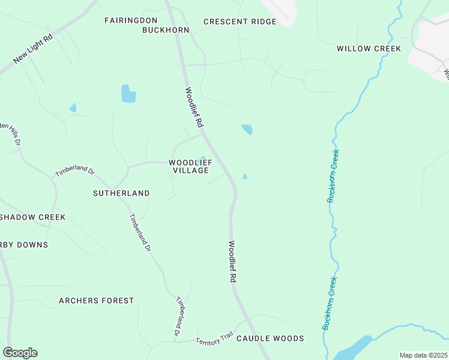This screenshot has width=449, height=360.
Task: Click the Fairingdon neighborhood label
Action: pos(130,20)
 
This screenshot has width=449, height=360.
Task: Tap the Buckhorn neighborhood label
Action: pos(165,30)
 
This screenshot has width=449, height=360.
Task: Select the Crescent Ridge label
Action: pos(240,22)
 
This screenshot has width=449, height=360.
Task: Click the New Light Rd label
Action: pos(33,49)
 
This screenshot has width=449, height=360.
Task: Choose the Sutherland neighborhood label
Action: pos(121,193)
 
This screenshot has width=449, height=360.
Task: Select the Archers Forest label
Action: pos(96,300)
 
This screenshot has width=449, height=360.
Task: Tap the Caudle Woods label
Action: pos(270,338)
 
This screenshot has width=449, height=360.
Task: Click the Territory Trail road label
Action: pos(214,339)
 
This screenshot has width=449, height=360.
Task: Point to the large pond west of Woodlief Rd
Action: pos(128,94)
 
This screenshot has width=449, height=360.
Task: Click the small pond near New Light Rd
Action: pos(73,108)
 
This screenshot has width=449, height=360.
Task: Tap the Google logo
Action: pos(20,353)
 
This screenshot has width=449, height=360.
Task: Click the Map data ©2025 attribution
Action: pos(423,355)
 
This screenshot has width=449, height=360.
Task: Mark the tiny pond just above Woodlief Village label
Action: pos(202,159)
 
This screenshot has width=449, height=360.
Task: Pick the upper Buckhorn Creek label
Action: pos(333,176)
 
